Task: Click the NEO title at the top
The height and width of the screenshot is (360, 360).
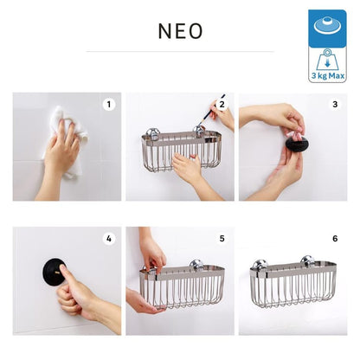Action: click(x=180, y=31)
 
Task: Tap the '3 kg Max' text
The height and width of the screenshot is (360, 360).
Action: click(x=328, y=76)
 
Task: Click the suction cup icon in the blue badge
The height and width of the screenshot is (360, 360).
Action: click(x=327, y=25)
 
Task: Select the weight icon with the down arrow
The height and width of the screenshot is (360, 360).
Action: click(x=327, y=60)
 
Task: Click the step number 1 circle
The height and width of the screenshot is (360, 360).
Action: click(x=109, y=104)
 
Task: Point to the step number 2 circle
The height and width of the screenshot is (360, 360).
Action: click(x=222, y=104)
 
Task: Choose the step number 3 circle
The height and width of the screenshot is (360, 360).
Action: click(x=335, y=104)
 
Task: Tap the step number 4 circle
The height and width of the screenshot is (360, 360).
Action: click(x=109, y=239)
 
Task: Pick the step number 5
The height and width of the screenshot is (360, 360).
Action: click(x=222, y=239)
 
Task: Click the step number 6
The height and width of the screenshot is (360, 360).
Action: click(x=335, y=239)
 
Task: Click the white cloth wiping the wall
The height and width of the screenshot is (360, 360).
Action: click(x=67, y=138)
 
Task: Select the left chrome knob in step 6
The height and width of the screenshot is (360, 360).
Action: click(x=260, y=265)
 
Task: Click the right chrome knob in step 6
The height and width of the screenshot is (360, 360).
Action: click(x=308, y=261)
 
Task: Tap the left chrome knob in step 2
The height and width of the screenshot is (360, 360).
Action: click(x=152, y=133)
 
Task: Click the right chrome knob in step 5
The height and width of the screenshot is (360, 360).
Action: click(x=197, y=266)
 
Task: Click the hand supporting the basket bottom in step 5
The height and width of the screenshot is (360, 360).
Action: click(x=141, y=301)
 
